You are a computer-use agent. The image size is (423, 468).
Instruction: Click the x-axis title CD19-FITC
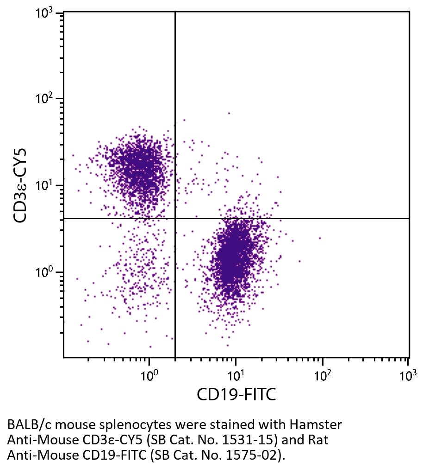pos(236,395)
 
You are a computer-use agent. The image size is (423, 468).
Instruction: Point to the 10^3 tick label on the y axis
pos(45,13)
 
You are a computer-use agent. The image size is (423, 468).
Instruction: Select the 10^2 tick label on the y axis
pos(45,99)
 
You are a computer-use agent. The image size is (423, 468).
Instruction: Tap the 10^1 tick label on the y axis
pos(45,185)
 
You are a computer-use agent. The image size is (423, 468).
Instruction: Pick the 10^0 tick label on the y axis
pos(45,272)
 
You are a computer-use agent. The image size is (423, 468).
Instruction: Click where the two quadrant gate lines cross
pos(175,218)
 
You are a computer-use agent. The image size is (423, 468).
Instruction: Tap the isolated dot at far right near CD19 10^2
pos(320,238)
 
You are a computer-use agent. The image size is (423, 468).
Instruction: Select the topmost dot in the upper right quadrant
pos(229,113)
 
